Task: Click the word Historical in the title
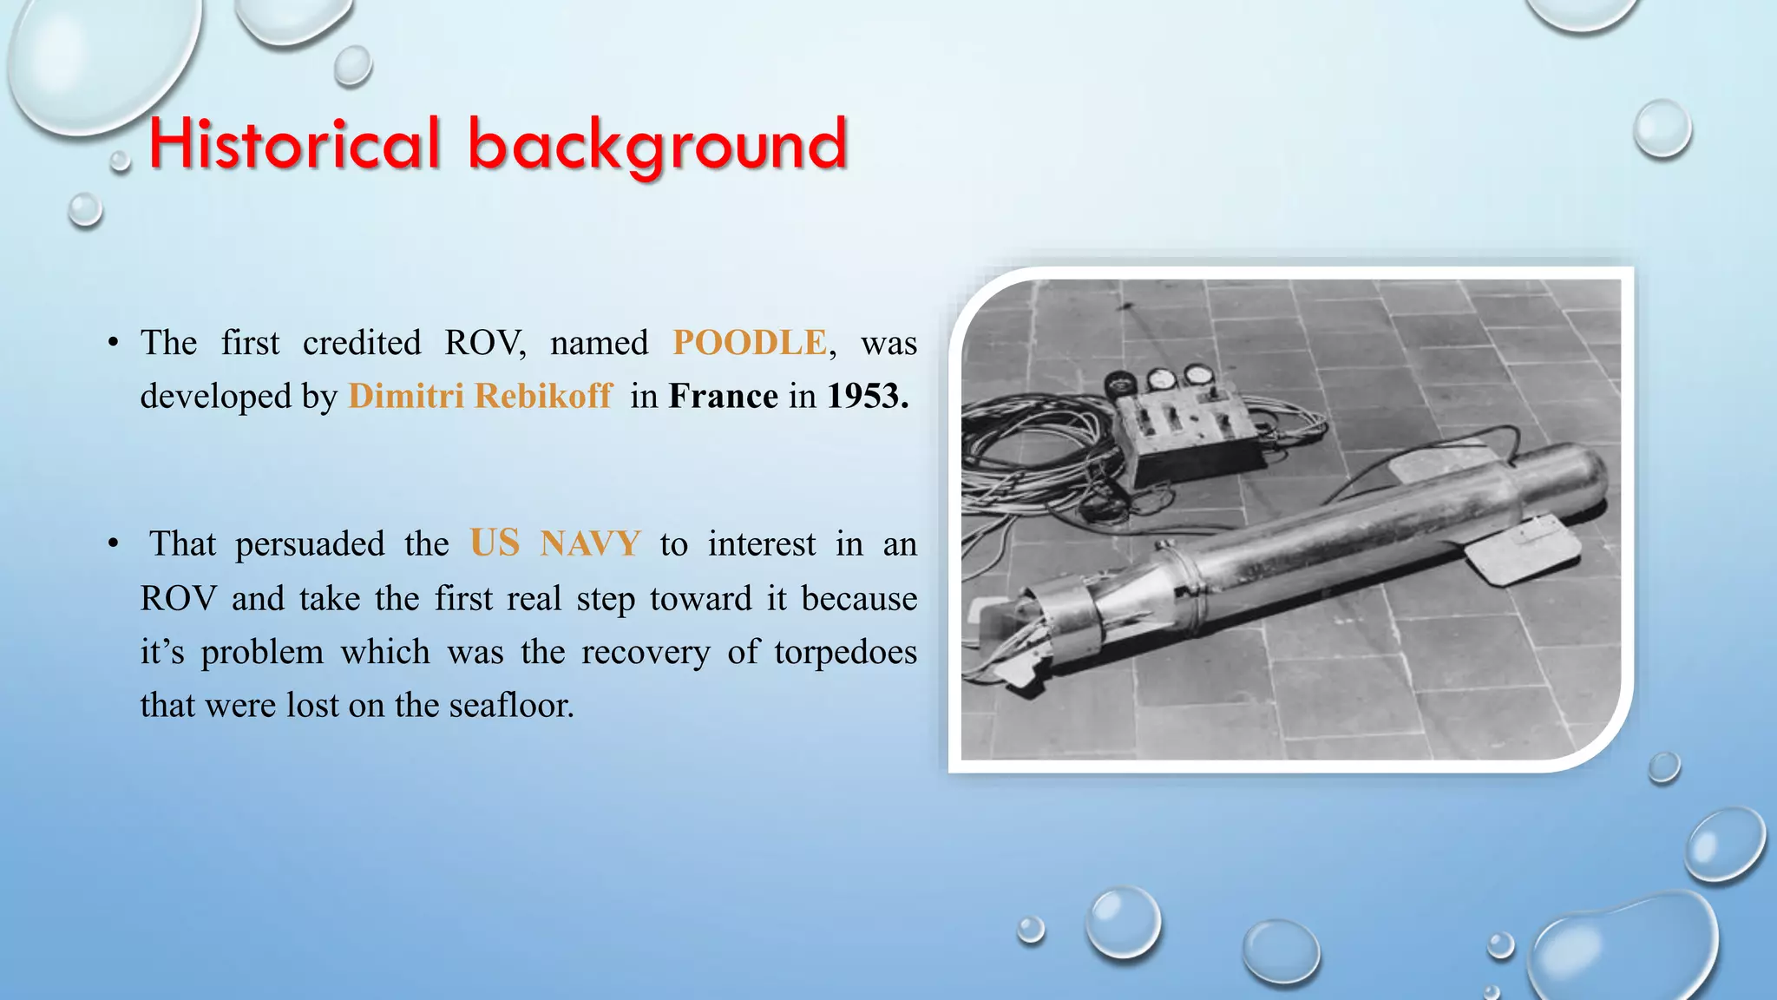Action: pos(294,143)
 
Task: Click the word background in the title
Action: pos(657,145)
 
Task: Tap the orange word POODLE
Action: pos(750,343)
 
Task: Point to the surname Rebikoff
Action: pos(543,396)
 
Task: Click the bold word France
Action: pos(723,396)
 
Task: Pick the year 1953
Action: pos(867,396)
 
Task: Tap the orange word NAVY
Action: pos(590,544)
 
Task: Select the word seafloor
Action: pos(511,705)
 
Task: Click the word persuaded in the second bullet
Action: pos(310,544)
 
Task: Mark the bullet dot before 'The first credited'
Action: pos(114,343)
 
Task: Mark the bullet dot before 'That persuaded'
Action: pos(114,544)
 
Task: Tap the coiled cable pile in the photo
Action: pos(1033,460)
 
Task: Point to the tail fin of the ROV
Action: pos(1531,551)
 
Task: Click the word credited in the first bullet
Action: pos(362,343)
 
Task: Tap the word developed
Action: pos(216,396)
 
